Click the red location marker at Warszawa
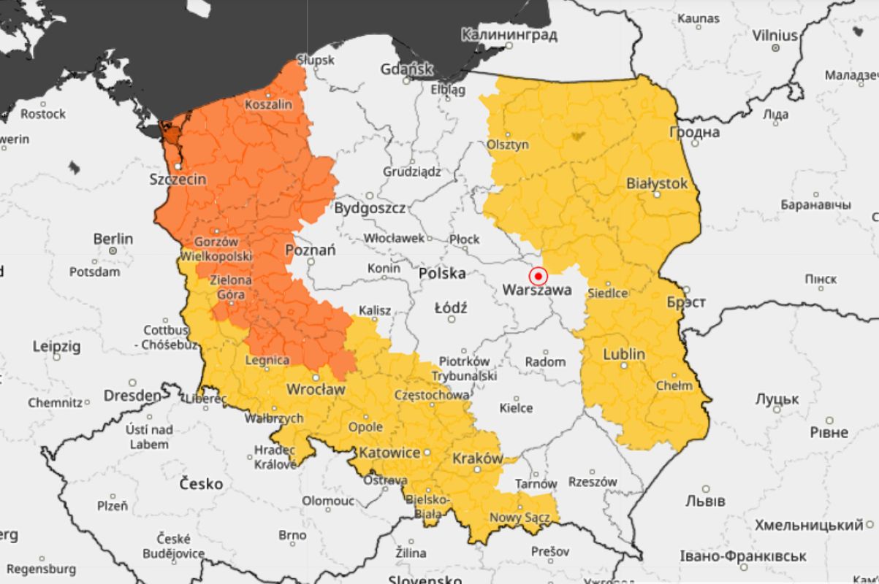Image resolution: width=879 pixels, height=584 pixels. (x=538, y=276)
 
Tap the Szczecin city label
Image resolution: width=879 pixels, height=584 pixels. (x=178, y=179)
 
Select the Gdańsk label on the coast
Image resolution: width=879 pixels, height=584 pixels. (x=406, y=70)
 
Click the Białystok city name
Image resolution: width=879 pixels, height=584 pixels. (x=657, y=183)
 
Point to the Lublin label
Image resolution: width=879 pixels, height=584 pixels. (x=624, y=354)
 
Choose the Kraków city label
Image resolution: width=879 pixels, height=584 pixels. (x=478, y=458)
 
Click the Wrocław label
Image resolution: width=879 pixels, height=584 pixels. (x=315, y=389)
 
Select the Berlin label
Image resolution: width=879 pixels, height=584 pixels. (x=113, y=239)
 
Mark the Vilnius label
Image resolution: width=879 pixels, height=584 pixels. (x=775, y=35)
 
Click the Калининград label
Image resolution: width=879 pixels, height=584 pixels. (x=509, y=34)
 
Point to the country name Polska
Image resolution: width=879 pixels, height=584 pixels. (x=443, y=274)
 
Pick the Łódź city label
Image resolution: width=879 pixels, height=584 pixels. (x=450, y=307)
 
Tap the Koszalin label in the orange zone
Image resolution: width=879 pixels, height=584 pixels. (x=268, y=104)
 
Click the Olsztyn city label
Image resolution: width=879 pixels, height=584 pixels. (x=508, y=145)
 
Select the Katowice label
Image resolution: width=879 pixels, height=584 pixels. (x=389, y=453)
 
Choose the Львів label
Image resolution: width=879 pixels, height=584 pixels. (x=706, y=502)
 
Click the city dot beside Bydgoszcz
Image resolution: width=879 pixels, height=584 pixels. (x=370, y=196)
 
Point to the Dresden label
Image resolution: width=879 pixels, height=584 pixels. (x=132, y=396)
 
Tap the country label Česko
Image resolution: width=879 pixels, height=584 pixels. (x=201, y=483)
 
